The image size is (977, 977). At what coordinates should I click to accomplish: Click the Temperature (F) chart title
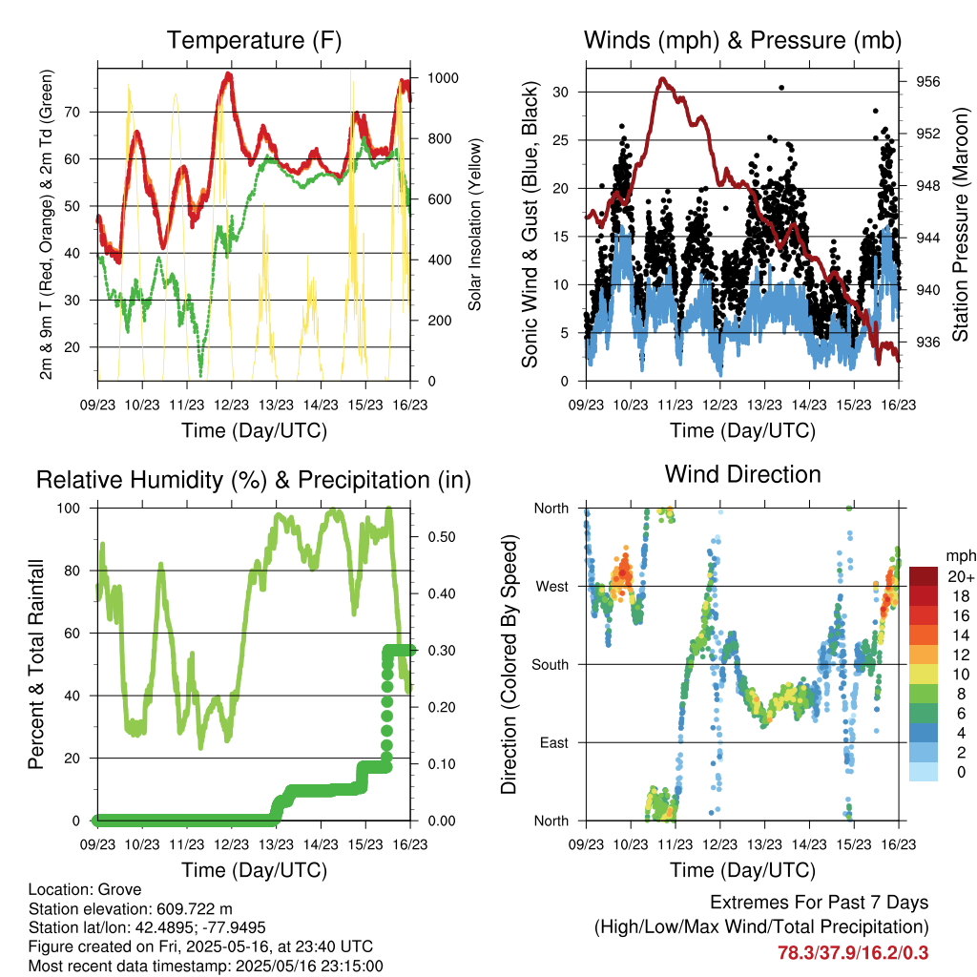[254, 40]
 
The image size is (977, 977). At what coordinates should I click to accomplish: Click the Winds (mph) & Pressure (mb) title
[742, 40]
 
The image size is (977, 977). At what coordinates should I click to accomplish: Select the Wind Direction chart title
[742, 474]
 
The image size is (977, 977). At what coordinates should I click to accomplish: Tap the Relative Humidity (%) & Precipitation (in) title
[254, 481]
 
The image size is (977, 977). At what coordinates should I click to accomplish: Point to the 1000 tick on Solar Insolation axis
[443, 78]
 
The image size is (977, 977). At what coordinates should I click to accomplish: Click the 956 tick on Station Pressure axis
[927, 82]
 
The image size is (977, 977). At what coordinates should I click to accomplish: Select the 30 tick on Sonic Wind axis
[561, 93]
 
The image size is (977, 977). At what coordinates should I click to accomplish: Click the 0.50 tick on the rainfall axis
[442, 537]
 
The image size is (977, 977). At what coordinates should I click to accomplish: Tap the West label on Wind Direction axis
[552, 587]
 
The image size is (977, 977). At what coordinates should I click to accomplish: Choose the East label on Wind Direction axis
[554, 742]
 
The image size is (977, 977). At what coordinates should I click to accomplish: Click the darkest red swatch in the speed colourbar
[924, 576]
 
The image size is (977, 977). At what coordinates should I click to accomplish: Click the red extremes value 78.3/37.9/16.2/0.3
[853, 953]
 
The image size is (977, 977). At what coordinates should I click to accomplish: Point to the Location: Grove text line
[85, 889]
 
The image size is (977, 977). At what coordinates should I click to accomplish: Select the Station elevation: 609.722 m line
[130, 908]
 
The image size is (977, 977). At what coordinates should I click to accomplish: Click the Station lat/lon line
[147, 927]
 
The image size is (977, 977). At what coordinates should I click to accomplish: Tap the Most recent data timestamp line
[206, 967]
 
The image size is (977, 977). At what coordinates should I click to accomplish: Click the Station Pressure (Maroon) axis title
[960, 224]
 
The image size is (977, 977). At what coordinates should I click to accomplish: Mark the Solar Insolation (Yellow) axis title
[475, 224]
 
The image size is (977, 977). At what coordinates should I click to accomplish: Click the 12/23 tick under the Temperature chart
[231, 405]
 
